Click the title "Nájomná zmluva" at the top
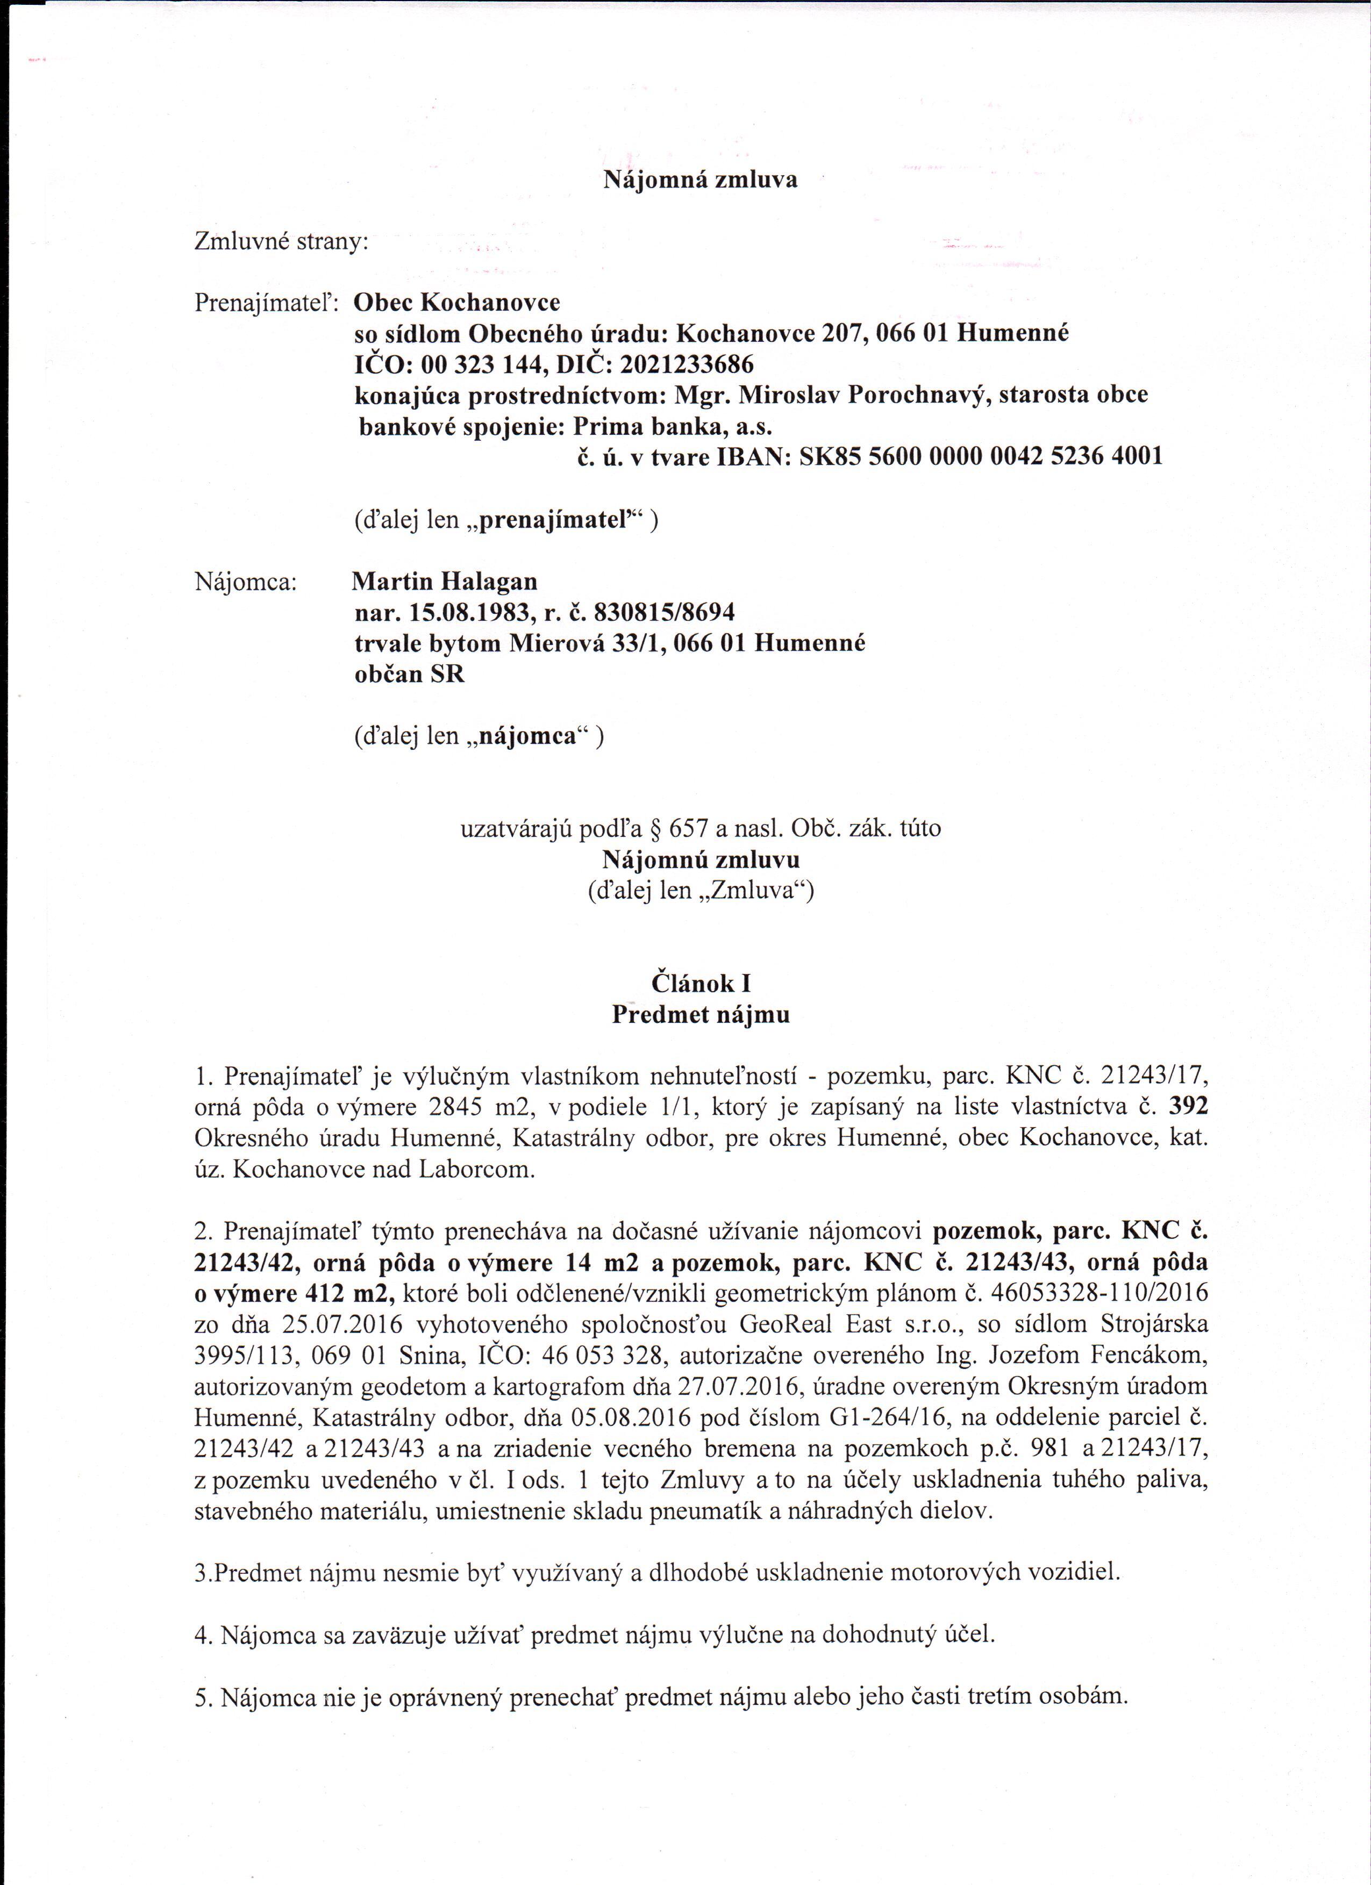tap(699, 181)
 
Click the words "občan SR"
tap(409, 674)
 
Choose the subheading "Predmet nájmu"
tap(701, 1015)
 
